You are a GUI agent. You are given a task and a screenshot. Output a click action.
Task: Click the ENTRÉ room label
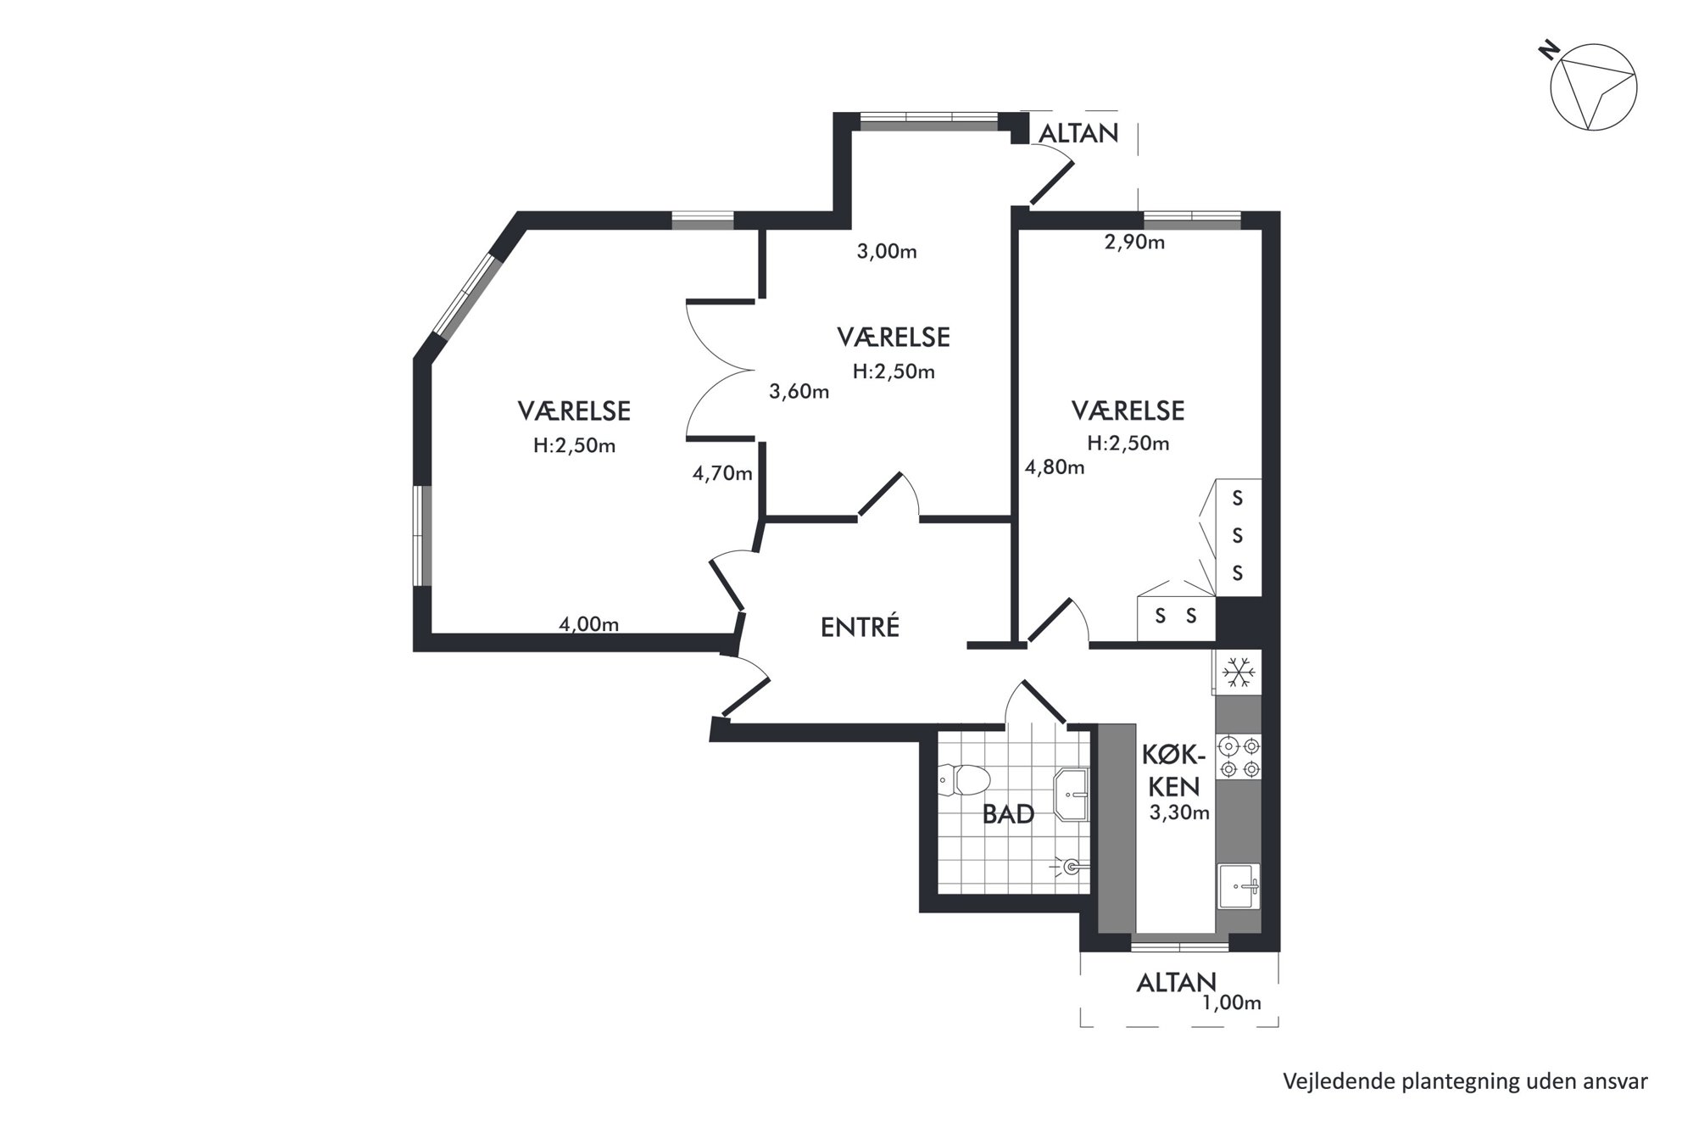coord(860,627)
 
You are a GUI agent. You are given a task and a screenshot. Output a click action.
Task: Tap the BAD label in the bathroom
coord(1008,814)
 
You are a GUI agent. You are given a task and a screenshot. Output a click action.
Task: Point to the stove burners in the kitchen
coord(1239,757)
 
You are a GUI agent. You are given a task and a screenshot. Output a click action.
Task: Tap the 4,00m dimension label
coord(588,624)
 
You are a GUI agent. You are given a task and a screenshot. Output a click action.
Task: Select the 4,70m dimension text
coord(722,473)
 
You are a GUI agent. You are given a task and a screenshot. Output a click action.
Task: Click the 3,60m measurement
coord(799,391)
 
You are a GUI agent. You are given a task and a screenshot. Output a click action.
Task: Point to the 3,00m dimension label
coord(887,251)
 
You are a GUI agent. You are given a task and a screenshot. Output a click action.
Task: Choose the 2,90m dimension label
coord(1134,242)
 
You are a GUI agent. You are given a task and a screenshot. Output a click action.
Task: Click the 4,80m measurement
coord(1055,466)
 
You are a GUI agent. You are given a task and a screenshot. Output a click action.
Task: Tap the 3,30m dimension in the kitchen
coord(1179,812)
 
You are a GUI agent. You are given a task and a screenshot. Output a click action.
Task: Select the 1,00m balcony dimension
coord(1232,1002)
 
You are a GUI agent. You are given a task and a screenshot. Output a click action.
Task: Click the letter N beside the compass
coord(1549,53)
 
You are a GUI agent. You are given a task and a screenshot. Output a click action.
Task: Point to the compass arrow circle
coord(1593,87)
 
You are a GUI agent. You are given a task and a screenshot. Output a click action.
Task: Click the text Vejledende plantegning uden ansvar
coord(1465,1081)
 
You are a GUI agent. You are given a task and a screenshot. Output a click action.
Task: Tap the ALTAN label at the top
coord(1078,133)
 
